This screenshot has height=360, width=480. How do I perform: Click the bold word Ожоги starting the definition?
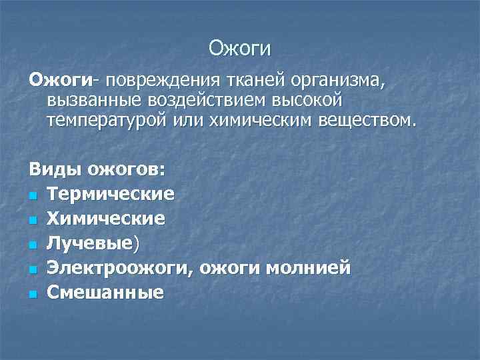pos(59,81)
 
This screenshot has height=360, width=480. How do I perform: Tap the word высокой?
pos(309,101)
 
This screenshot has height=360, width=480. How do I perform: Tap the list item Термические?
pos(111,194)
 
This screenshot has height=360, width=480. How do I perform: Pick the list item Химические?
pos(106,219)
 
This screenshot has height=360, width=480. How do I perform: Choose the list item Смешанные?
pos(105,292)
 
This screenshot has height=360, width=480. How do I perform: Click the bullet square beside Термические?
pos(32,195)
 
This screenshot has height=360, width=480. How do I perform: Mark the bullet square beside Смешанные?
pos(32,293)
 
